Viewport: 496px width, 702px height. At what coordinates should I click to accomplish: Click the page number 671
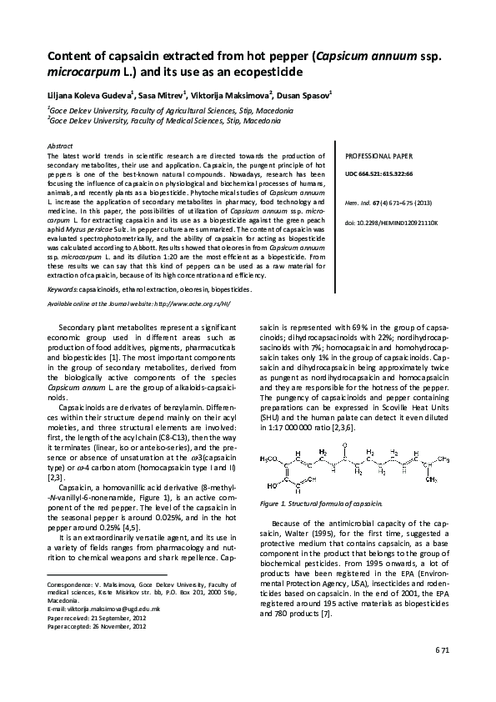[x=443, y=671]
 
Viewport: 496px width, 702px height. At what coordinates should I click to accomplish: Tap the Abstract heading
[x=62, y=146]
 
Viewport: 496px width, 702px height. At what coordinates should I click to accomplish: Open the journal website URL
[x=183, y=303]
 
